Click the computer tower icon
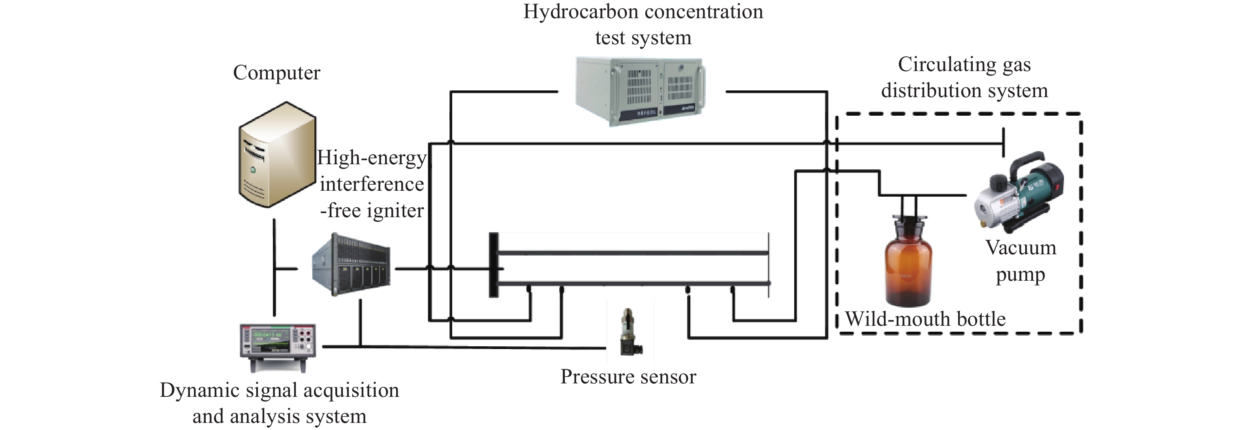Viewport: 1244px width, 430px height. click(x=278, y=154)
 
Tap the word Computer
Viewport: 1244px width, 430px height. click(x=277, y=73)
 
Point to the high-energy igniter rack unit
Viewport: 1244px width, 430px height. click(x=351, y=265)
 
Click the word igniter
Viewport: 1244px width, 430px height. click(x=395, y=211)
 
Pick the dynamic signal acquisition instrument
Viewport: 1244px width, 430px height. click(x=278, y=347)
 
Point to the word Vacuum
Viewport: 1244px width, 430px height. click(x=1021, y=248)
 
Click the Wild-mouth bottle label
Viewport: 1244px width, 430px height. click(x=925, y=319)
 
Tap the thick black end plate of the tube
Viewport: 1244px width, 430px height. click(x=494, y=265)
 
